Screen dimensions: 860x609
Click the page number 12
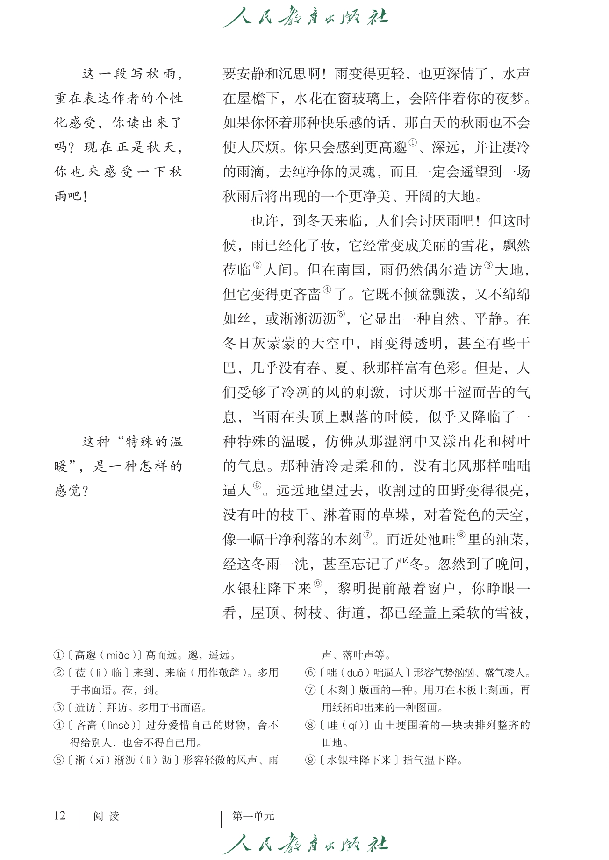click(60, 816)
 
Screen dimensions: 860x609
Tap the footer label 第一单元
click(253, 816)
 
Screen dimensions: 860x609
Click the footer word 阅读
click(107, 816)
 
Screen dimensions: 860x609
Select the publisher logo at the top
click(305, 17)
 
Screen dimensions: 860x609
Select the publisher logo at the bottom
click(305, 843)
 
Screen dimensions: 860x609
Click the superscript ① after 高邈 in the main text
click(413, 142)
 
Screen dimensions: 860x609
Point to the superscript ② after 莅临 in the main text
click(257, 265)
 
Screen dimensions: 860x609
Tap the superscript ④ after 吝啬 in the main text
click(327, 289)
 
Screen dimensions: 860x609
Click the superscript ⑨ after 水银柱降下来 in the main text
click(318, 584)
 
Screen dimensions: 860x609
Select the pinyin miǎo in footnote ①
click(118, 656)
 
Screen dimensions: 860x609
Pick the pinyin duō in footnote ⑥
click(355, 673)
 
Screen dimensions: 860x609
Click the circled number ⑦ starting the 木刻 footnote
click(310, 690)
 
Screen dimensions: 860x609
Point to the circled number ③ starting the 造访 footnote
click(59, 708)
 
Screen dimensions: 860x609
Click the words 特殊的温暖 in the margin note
click(154, 442)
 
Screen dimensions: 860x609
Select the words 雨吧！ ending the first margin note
click(71, 197)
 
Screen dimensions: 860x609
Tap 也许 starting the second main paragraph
click(265, 221)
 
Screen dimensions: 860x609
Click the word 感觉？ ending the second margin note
click(71, 491)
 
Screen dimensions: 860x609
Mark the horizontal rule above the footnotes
click(133, 637)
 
